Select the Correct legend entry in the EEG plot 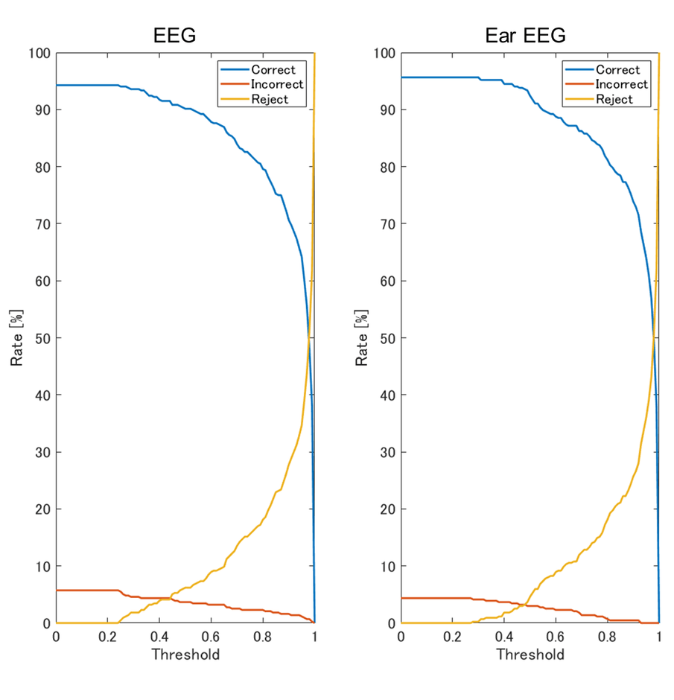[x=273, y=69]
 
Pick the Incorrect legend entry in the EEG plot [x=277, y=84]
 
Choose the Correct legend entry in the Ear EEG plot [x=617, y=69]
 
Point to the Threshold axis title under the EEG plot [x=185, y=655]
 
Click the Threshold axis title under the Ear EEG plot [x=530, y=655]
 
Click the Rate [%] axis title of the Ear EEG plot [x=363, y=338]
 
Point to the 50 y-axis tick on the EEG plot [x=42, y=338]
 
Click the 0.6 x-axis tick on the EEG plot [x=211, y=637]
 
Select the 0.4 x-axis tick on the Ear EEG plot [x=504, y=637]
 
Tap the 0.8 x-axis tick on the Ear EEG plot [x=608, y=637]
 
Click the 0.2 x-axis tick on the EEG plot [x=107, y=637]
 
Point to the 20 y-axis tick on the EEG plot [x=42, y=509]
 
